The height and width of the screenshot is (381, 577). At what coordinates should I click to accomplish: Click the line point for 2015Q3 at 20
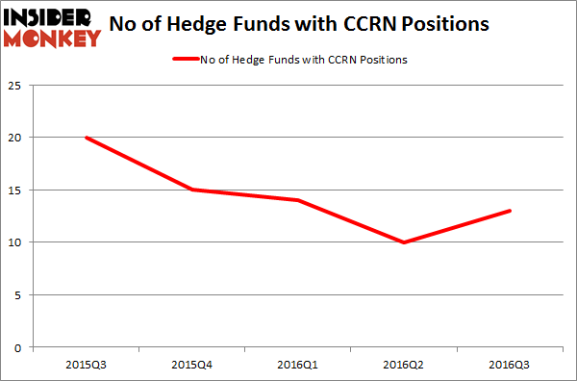[86, 138]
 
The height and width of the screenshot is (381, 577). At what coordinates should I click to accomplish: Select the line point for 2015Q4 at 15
[191, 190]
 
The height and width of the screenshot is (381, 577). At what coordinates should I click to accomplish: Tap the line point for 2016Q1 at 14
[297, 200]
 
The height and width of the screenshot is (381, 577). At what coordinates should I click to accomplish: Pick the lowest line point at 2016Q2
[403, 242]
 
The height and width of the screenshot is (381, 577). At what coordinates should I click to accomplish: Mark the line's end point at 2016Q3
[509, 211]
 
